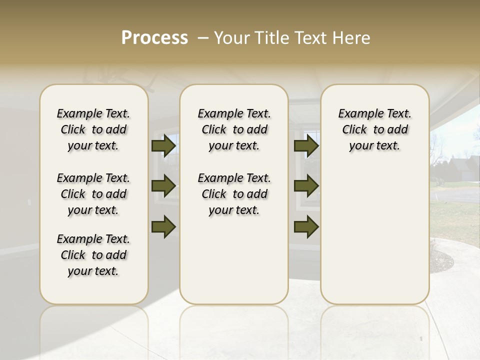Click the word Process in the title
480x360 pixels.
click(x=154, y=38)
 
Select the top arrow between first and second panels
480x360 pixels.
click(x=163, y=146)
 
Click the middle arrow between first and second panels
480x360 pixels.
click(x=163, y=186)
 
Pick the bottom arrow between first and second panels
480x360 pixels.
click(x=163, y=226)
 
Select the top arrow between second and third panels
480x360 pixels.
click(x=306, y=146)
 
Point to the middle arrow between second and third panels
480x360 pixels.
click(x=306, y=186)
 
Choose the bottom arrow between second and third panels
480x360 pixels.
click(x=306, y=226)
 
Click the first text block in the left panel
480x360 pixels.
click(x=93, y=129)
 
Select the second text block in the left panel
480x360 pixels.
click(x=93, y=194)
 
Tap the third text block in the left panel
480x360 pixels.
click(x=93, y=255)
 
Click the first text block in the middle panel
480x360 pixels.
click(x=234, y=129)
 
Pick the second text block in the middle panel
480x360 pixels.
click(x=234, y=194)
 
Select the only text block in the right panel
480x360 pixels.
click(x=374, y=129)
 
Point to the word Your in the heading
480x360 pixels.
click(x=230, y=38)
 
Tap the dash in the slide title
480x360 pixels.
click(x=203, y=38)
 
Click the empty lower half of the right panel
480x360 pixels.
click(x=374, y=240)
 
